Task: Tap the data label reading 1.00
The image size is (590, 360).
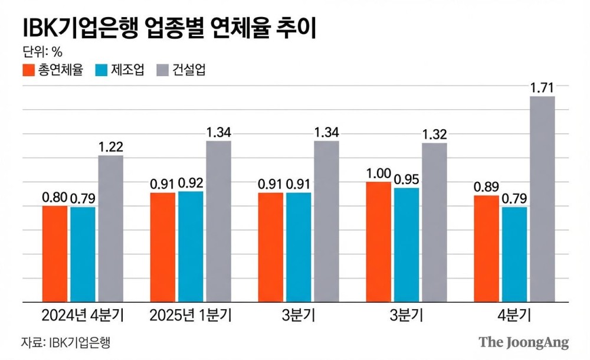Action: point(378,174)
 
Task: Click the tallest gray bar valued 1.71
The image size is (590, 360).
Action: point(542,198)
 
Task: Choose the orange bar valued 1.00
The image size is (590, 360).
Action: point(378,241)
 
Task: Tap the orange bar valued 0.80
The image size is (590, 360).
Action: point(54,253)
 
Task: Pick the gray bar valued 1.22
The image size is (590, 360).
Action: point(110,228)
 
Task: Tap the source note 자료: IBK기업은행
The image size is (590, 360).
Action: point(66,342)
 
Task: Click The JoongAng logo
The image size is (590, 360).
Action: point(523,342)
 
